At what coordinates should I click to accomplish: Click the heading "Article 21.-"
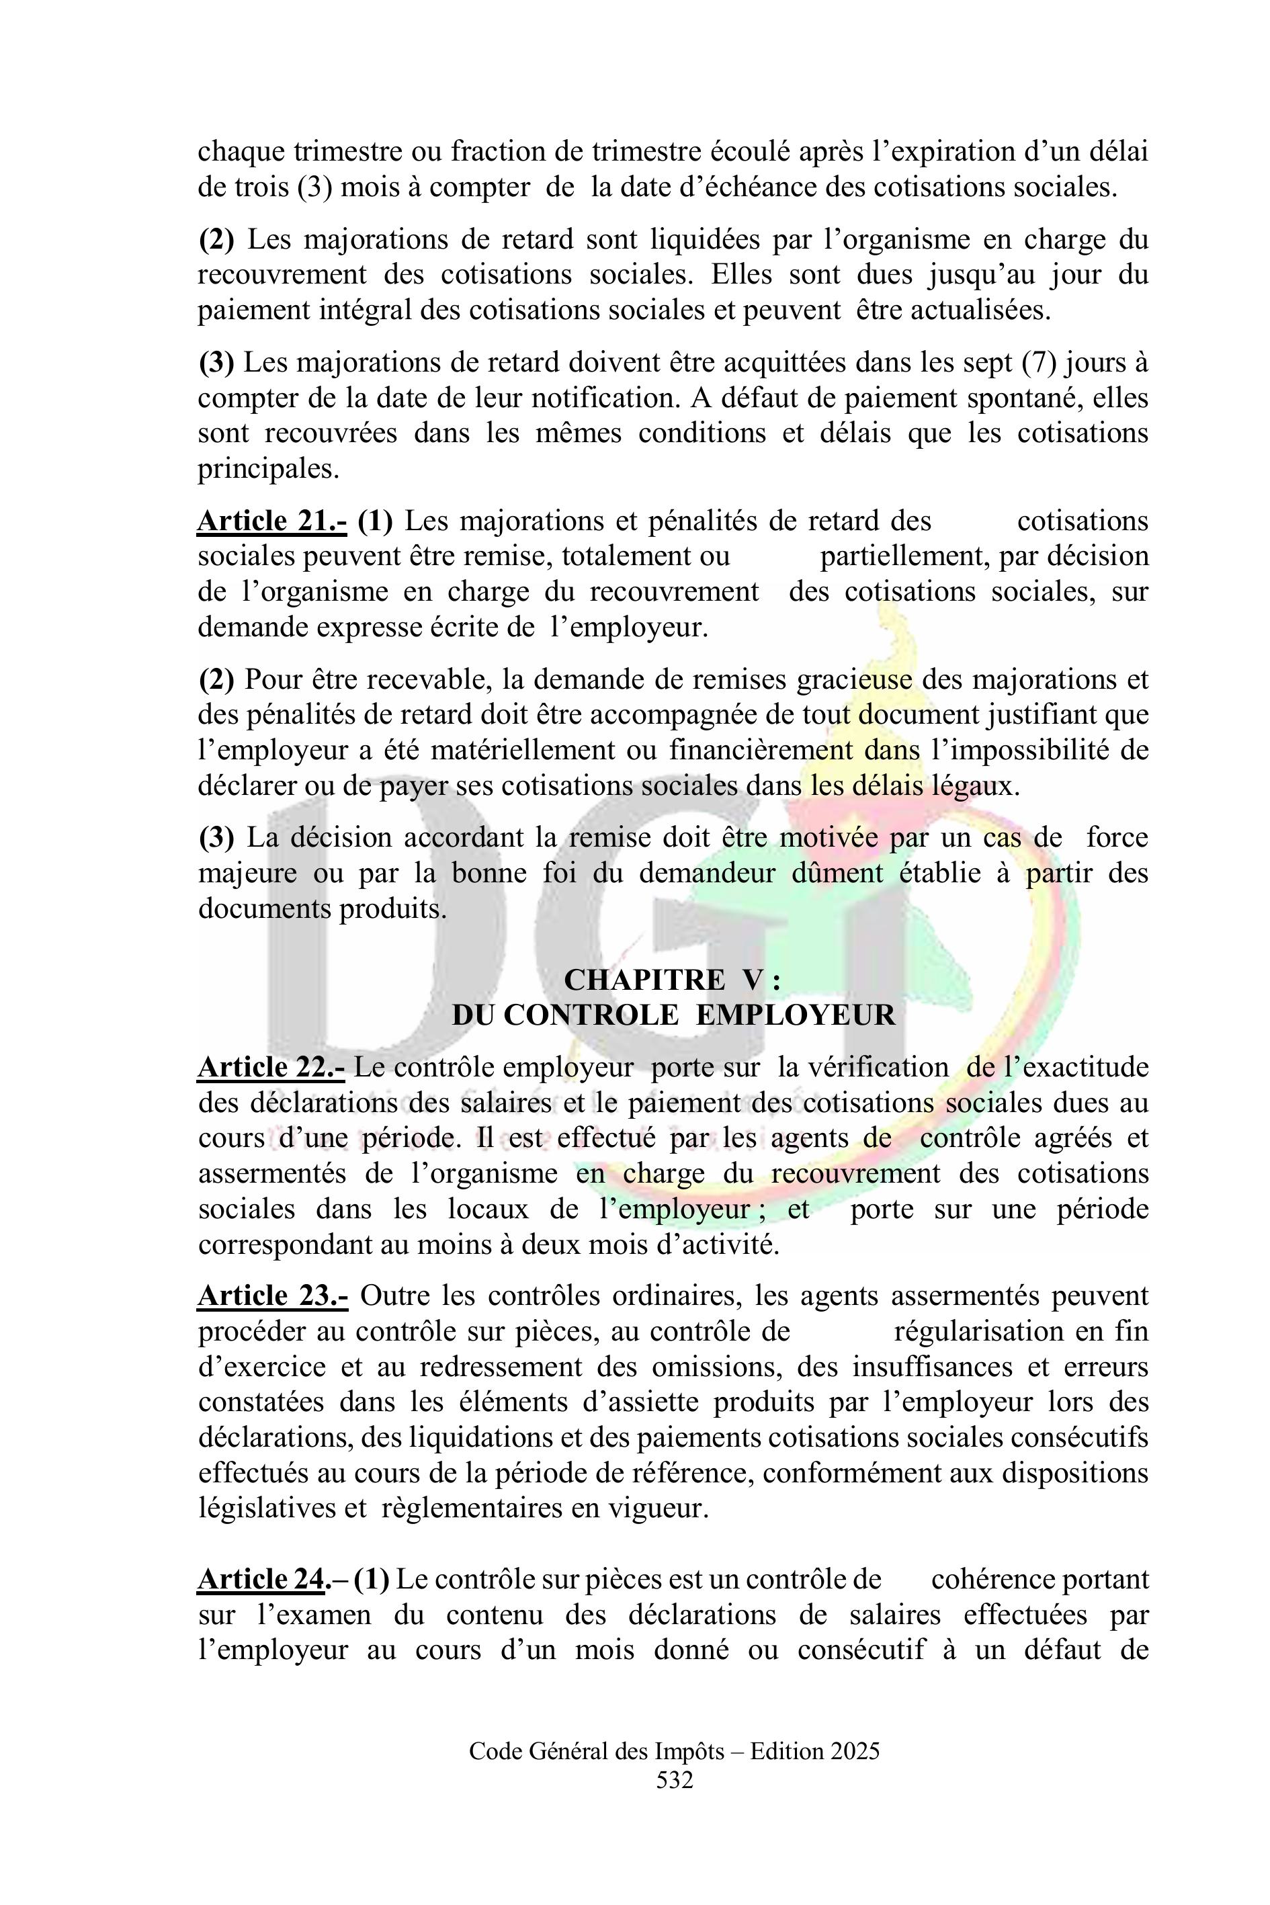[272, 521]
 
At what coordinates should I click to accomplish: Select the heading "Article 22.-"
[271, 1068]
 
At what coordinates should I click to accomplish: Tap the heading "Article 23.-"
[273, 1296]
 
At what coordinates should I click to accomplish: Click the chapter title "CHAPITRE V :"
[672, 980]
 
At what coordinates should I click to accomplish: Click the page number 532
[674, 1779]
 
